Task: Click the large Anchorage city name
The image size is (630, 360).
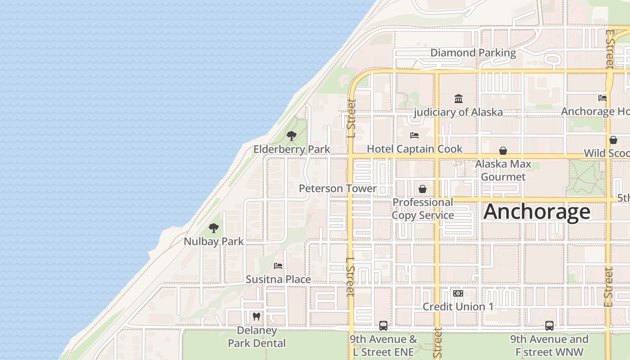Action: pos(537,211)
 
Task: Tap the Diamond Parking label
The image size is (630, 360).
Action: pos(473,53)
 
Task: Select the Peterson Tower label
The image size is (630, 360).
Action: pos(337,188)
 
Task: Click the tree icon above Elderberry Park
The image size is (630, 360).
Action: pos(292,135)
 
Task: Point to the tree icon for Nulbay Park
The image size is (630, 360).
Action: pos(214,228)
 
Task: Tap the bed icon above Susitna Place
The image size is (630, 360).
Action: pos(278,266)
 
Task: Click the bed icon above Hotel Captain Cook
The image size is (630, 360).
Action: pos(414,135)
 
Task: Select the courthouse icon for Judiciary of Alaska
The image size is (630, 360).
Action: pos(458,99)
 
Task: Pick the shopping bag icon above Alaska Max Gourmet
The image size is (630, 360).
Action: pos(503,151)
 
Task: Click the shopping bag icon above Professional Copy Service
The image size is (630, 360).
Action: pos(423,189)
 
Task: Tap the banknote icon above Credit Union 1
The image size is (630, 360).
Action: pos(458,293)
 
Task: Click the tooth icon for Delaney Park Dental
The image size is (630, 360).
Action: pos(256,317)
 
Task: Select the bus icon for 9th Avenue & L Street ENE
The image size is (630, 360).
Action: pos(383,325)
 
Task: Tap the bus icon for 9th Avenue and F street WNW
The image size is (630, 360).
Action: pos(549,325)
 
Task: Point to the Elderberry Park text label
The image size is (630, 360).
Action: pos(292,149)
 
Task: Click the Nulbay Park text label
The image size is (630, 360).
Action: pos(214,241)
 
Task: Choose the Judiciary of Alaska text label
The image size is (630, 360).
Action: pos(458,112)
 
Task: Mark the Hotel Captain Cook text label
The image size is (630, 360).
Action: pos(414,149)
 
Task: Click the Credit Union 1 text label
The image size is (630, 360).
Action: pos(458,307)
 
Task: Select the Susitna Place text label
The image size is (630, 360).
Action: pos(278,279)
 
